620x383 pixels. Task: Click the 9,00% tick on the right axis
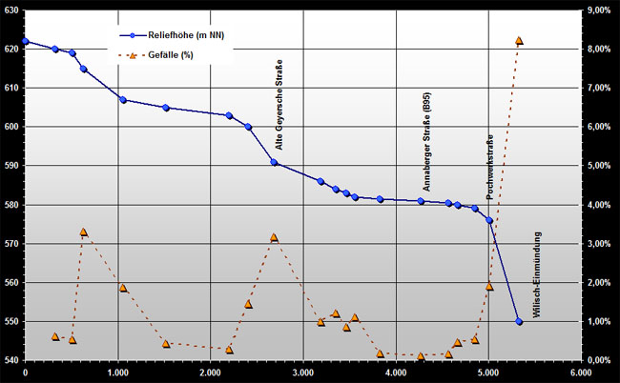pos(599,10)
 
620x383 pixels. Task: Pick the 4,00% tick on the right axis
pos(599,205)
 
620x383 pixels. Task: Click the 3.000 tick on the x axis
pos(302,373)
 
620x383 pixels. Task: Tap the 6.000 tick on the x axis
pos(580,373)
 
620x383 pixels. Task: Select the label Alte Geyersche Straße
pos(279,106)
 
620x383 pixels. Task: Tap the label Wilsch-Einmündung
pos(537,276)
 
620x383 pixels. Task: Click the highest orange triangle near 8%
pos(519,40)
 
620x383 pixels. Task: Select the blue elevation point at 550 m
pos(519,322)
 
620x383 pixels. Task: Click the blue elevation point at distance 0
pos(25,41)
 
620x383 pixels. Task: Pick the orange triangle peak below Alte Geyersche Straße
pos(274,237)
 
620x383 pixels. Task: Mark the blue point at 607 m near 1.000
pos(123,100)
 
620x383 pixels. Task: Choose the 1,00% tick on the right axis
pos(599,322)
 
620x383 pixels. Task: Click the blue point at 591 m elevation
pos(274,162)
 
